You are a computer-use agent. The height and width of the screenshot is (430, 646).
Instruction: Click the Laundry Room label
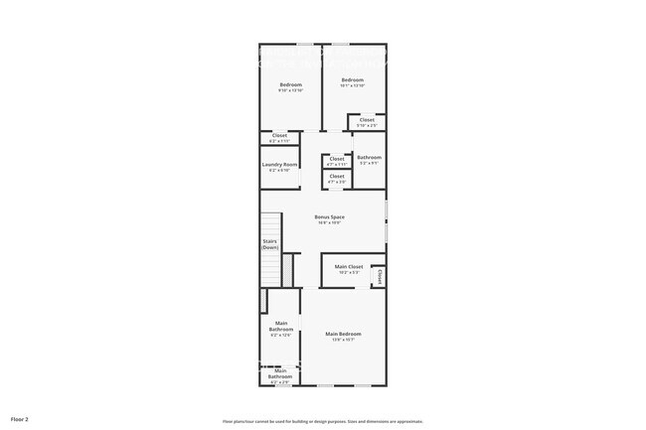pyautogui.click(x=280, y=164)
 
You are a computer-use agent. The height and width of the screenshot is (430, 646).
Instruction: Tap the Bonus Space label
pyautogui.click(x=330, y=216)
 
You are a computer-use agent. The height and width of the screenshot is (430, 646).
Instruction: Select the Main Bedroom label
pyautogui.click(x=343, y=334)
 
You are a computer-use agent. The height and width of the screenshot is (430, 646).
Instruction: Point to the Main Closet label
pyautogui.click(x=348, y=266)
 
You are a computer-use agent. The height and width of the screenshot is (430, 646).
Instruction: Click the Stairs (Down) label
pyautogui.click(x=269, y=243)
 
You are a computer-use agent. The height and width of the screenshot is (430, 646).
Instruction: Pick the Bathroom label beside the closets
pyautogui.click(x=369, y=157)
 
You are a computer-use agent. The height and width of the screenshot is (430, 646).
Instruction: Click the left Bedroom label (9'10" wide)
pyautogui.click(x=290, y=84)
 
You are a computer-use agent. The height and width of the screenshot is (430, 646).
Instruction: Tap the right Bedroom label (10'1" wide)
pyautogui.click(x=353, y=79)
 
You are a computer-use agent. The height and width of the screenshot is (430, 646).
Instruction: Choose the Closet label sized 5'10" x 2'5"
pyautogui.click(x=368, y=120)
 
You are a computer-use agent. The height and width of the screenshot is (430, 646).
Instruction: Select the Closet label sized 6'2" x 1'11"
pyautogui.click(x=279, y=135)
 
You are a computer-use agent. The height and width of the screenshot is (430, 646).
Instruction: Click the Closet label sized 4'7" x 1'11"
pyautogui.click(x=337, y=158)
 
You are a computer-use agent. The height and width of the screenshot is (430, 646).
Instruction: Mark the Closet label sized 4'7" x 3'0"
pyautogui.click(x=337, y=176)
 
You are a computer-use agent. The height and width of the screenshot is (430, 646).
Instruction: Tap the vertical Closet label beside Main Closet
pyautogui.click(x=380, y=276)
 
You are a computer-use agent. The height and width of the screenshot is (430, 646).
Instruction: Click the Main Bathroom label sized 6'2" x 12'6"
pyautogui.click(x=281, y=326)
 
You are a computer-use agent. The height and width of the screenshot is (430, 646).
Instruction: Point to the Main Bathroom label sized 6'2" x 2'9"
pyautogui.click(x=280, y=373)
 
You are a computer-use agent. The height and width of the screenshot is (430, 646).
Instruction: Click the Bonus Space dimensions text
pyautogui.click(x=330, y=222)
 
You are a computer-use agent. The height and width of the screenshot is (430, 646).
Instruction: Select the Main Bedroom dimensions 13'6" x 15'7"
pyautogui.click(x=343, y=340)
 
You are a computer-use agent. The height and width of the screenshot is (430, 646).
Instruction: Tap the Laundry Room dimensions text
pyautogui.click(x=280, y=170)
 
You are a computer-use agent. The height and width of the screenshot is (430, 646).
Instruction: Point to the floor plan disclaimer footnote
pyautogui.click(x=323, y=421)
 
